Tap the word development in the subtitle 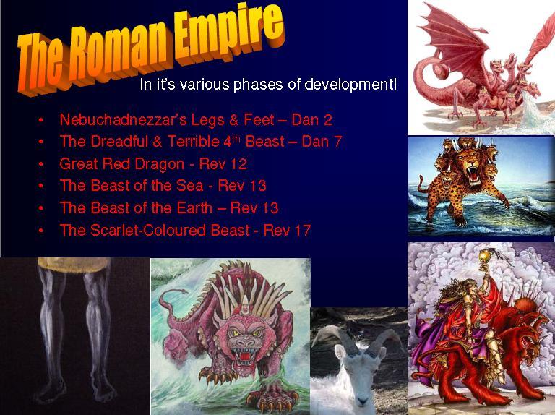click(x=350, y=85)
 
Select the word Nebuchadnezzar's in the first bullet click(x=123, y=120)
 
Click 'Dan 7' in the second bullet click(x=322, y=142)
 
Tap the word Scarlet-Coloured click(x=170, y=231)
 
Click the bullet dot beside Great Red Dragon click(x=41, y=165)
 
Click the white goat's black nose click(x=362, y=401)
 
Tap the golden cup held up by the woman click(x=484, y=256)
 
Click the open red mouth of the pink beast click(x=243, y=354)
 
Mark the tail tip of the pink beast click(x=185, y=291)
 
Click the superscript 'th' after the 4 click(x=236, y=138)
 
